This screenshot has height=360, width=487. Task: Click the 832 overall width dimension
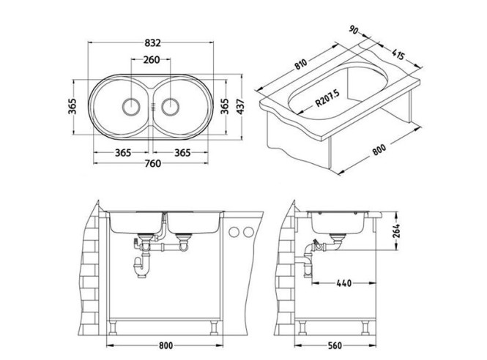(x=152, y=42)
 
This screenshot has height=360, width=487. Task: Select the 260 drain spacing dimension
(x=152, y=61)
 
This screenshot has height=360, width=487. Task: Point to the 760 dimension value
(x=152, y=163)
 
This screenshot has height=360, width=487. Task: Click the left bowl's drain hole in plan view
(x=130, y=105)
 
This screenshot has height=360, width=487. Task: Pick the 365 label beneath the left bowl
(x=122, y=152)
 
